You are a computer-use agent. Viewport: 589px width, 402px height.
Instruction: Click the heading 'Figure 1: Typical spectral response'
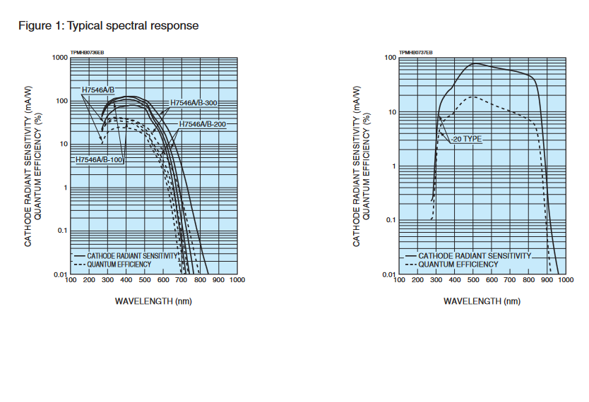108,26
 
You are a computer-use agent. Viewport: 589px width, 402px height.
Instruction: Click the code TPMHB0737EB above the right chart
416,52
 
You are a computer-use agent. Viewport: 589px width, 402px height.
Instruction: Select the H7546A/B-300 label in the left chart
194,104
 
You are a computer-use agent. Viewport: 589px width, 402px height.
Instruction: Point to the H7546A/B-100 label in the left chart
100,160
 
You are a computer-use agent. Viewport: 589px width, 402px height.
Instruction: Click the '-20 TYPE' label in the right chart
467,139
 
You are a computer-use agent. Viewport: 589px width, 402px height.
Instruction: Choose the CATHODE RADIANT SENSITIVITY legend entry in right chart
473,256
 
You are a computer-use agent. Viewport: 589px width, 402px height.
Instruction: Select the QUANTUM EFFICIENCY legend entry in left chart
119,264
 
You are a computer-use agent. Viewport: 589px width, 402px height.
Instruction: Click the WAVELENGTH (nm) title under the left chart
153,301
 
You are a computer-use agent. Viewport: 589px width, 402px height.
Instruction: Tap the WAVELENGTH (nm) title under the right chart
482,301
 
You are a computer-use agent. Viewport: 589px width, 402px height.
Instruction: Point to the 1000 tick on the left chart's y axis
59,58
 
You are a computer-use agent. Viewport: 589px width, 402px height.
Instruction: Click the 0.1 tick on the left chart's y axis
61,231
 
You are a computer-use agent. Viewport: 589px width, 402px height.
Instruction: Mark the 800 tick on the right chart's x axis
529,280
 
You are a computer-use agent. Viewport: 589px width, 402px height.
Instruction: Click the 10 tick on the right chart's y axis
392,112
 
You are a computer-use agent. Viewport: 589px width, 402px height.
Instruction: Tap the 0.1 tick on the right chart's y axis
391,220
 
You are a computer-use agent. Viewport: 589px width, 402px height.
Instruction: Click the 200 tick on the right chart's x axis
418,280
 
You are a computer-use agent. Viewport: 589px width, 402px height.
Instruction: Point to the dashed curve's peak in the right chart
473,97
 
